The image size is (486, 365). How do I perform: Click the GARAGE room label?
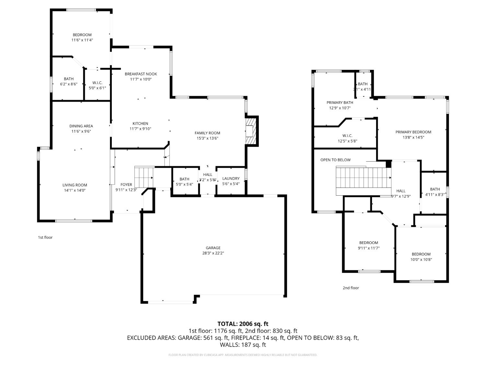[213, 248]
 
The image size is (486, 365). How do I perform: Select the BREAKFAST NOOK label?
[141, 74]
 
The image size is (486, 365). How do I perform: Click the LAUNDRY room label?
[231, 178]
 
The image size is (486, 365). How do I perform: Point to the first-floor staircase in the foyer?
[144, 177]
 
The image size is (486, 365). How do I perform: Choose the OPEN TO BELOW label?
[335, 160]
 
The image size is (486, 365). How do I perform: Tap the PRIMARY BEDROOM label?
[413, 132]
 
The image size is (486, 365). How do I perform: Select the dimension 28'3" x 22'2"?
[213, 253]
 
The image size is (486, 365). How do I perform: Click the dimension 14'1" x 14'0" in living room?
[75, 190]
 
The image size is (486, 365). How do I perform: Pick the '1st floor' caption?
[45, 237]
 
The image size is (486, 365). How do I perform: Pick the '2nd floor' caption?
[351, 288]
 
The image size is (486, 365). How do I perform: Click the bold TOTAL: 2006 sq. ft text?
[243, 324]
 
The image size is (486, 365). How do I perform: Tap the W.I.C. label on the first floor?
[97, 83]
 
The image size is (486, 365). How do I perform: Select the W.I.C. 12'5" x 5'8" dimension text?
[347, 141]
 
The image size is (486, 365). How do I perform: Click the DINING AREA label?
[81, 126]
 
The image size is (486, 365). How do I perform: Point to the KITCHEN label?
[140, 124]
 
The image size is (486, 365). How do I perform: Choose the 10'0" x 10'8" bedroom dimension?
[421, 259]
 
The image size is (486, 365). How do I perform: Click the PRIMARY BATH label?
[340, 103]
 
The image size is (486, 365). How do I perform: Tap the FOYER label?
[126, 185]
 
